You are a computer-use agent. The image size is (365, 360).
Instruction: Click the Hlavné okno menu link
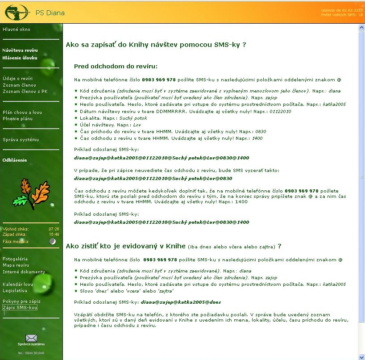tap(17, 29)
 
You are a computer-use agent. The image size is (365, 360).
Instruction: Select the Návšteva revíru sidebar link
tap(20, 51)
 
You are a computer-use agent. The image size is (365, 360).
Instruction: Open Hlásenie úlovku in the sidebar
tap(20, 58)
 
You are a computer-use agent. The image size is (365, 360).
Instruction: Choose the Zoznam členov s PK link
tap(25, 91)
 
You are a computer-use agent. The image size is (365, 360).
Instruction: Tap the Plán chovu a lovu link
tap(23, 113)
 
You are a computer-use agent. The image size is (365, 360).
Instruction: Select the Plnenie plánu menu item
tap(18, 119)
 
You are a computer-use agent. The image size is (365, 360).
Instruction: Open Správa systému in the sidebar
tap(21, 140)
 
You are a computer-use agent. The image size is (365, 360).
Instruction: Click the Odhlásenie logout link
tap(15, 160)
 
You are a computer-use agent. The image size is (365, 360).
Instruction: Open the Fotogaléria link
tap(15, 259)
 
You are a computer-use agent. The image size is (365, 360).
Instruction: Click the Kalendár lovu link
tap(18, 285)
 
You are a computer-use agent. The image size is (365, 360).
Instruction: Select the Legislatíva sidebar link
tap(15, 291)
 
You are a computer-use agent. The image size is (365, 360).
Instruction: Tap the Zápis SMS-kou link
tap(21, 308)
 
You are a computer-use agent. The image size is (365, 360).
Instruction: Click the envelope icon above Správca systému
tap(31, 338)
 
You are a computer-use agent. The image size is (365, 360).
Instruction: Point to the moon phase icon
tap(53, 242)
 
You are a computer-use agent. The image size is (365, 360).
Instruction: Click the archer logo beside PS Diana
tap(16, 12)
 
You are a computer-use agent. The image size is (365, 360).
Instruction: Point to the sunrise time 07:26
tap(54, 229)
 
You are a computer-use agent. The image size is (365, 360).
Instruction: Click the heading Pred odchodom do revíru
tap(116, 67)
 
